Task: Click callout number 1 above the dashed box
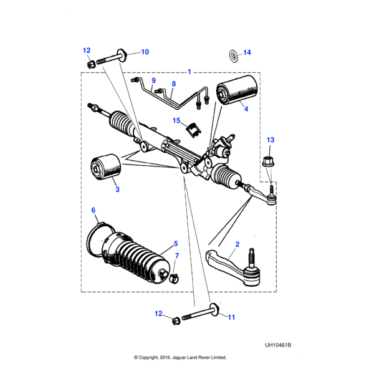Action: coord(189,72)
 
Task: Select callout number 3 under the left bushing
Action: coord(117,189)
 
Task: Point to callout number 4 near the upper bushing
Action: coord(246,109)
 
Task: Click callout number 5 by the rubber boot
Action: coord(176,243)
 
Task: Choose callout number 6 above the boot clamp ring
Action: coord(94,210)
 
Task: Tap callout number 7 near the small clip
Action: coord(176,256)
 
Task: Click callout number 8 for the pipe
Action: coord(174,84)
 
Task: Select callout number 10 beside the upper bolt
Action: coord(145,52)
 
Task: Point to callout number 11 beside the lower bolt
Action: coord(231,317)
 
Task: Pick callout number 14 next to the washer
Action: coord(246,52)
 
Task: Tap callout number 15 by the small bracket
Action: coord(176,120)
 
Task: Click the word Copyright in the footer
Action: coord(153,358)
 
